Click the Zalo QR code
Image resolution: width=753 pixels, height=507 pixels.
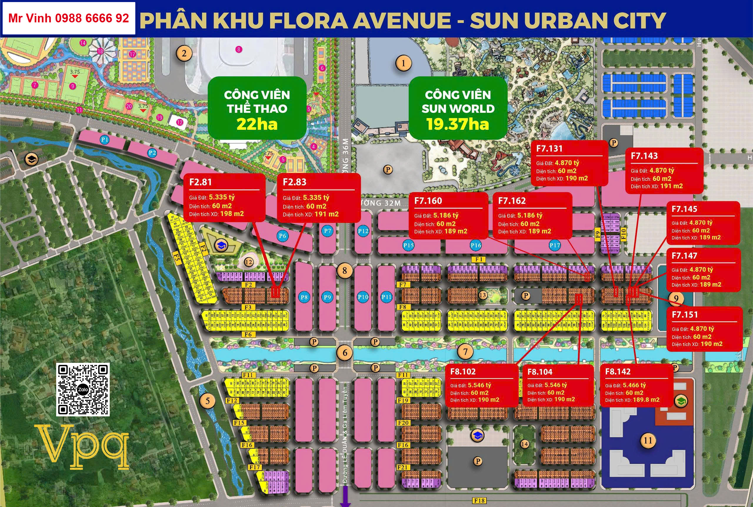click(x=83, y=389)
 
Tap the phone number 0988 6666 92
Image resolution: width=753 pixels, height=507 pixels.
click(x=92, y=19)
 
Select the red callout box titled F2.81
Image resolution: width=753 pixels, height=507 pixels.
click(x=224, y=197)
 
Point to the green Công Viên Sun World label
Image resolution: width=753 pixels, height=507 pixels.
click(x=458, y=108)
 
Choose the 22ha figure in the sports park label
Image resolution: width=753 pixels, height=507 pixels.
click(x=257, y=124)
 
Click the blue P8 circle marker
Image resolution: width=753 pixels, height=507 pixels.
click(x=304, y=297)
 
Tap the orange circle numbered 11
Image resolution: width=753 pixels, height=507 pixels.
click(x=648, y=440)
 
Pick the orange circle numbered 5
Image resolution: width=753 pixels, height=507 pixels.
click(x=207, y=401)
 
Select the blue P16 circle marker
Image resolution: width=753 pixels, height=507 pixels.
click(x=476, y=245)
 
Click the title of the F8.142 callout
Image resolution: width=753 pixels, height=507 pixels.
click(x=618, y=372)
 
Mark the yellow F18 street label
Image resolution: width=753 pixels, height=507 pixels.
click(x=479, y=501)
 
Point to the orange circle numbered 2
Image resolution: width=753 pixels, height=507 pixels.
click(x=184, y=53)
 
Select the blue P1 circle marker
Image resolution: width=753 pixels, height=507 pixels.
click(x=104, y=140)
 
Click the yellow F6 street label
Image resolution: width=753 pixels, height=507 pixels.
click(x=248, y=335)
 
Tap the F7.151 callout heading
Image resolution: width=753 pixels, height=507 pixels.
click(x=684, y=315)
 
